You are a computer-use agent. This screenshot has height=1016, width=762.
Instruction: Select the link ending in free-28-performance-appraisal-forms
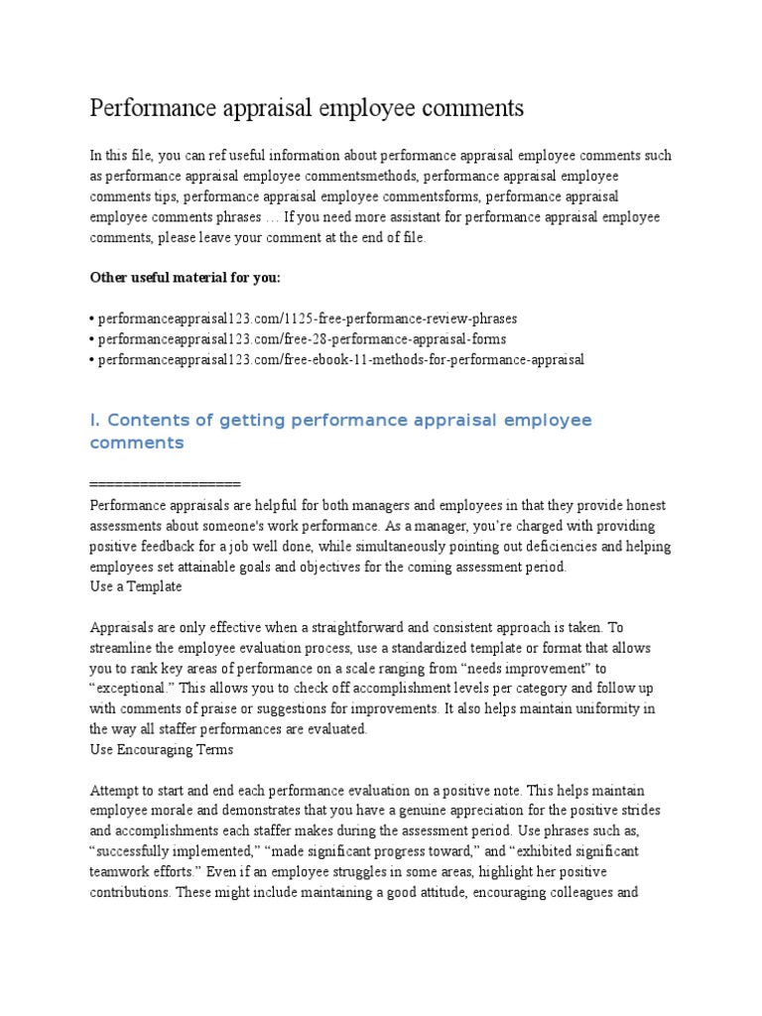[298, 339]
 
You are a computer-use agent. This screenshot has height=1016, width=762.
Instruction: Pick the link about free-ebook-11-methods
[337, 359]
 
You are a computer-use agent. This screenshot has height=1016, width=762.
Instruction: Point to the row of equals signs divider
[165, 483]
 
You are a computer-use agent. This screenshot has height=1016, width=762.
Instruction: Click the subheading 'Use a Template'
[136, 586]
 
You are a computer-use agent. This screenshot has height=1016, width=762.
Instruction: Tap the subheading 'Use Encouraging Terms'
[162, 749]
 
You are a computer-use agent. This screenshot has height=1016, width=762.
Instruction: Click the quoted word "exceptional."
[130, 688]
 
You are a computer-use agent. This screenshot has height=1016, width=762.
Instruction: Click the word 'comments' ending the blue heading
[137, 443]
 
